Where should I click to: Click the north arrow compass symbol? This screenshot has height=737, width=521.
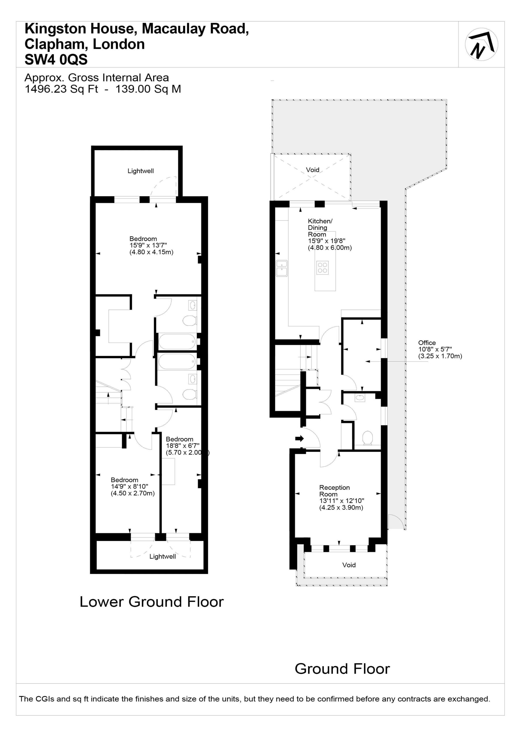click(x=481, y=44)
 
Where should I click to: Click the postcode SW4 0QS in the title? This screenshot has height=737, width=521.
click(x=56, y=60)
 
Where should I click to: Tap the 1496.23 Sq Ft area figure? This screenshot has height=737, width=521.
click(x=61, y=89)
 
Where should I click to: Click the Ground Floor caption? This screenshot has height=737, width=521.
click(x=342, y=669)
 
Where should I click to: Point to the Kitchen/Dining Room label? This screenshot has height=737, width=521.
click(x=320, y=228)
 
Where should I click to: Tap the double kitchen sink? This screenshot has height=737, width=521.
click(x=282, y=268)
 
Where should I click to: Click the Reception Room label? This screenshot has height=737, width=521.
click(x=334, y=491)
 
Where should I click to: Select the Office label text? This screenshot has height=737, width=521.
click(x=427, y=343)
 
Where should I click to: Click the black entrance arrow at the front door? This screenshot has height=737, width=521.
click(x=299, y=438)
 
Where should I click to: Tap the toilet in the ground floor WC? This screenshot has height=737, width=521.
click(x=367, y=438)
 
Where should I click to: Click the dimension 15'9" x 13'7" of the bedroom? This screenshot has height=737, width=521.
click(x=148, y=246)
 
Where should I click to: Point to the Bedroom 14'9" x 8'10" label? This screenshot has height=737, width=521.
click(x=133, y=487)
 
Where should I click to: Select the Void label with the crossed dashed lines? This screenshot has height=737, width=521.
click(x=312, y=170)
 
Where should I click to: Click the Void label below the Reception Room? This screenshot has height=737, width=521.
click(x=349, y=565)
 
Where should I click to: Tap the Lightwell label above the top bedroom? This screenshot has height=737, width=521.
click(x=140, y=171)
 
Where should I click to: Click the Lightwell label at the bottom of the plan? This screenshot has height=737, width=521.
click(x=162, y=556)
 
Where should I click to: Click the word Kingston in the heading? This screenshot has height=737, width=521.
click(x=55, y=29)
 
